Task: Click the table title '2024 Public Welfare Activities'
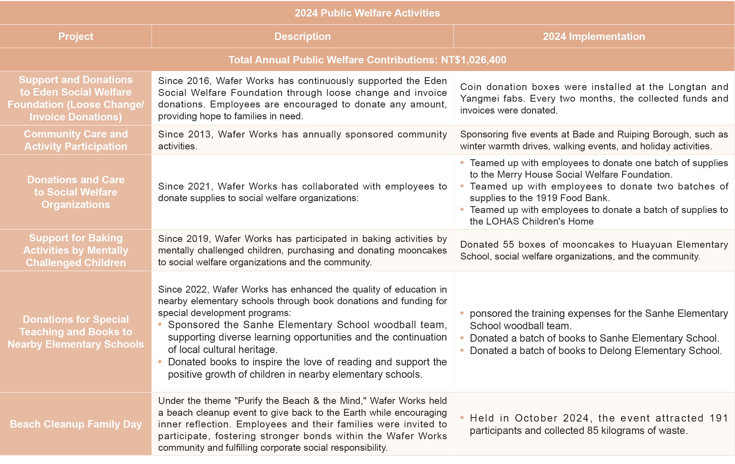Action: (x=367, y=13)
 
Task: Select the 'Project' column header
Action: (x=76, y=36)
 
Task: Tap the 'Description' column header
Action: (x=302, y=36)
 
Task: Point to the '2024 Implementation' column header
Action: (x=594, y=36)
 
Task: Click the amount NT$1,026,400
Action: (x=473, y=60)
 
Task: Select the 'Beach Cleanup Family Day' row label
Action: (x=76, y=424)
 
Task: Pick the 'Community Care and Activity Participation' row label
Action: (x=76, y=140)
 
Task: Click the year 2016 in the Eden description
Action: (x=198, y=81)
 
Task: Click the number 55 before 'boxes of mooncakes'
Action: (x=508, y=244)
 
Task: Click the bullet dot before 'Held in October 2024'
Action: (x=462, y=418)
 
